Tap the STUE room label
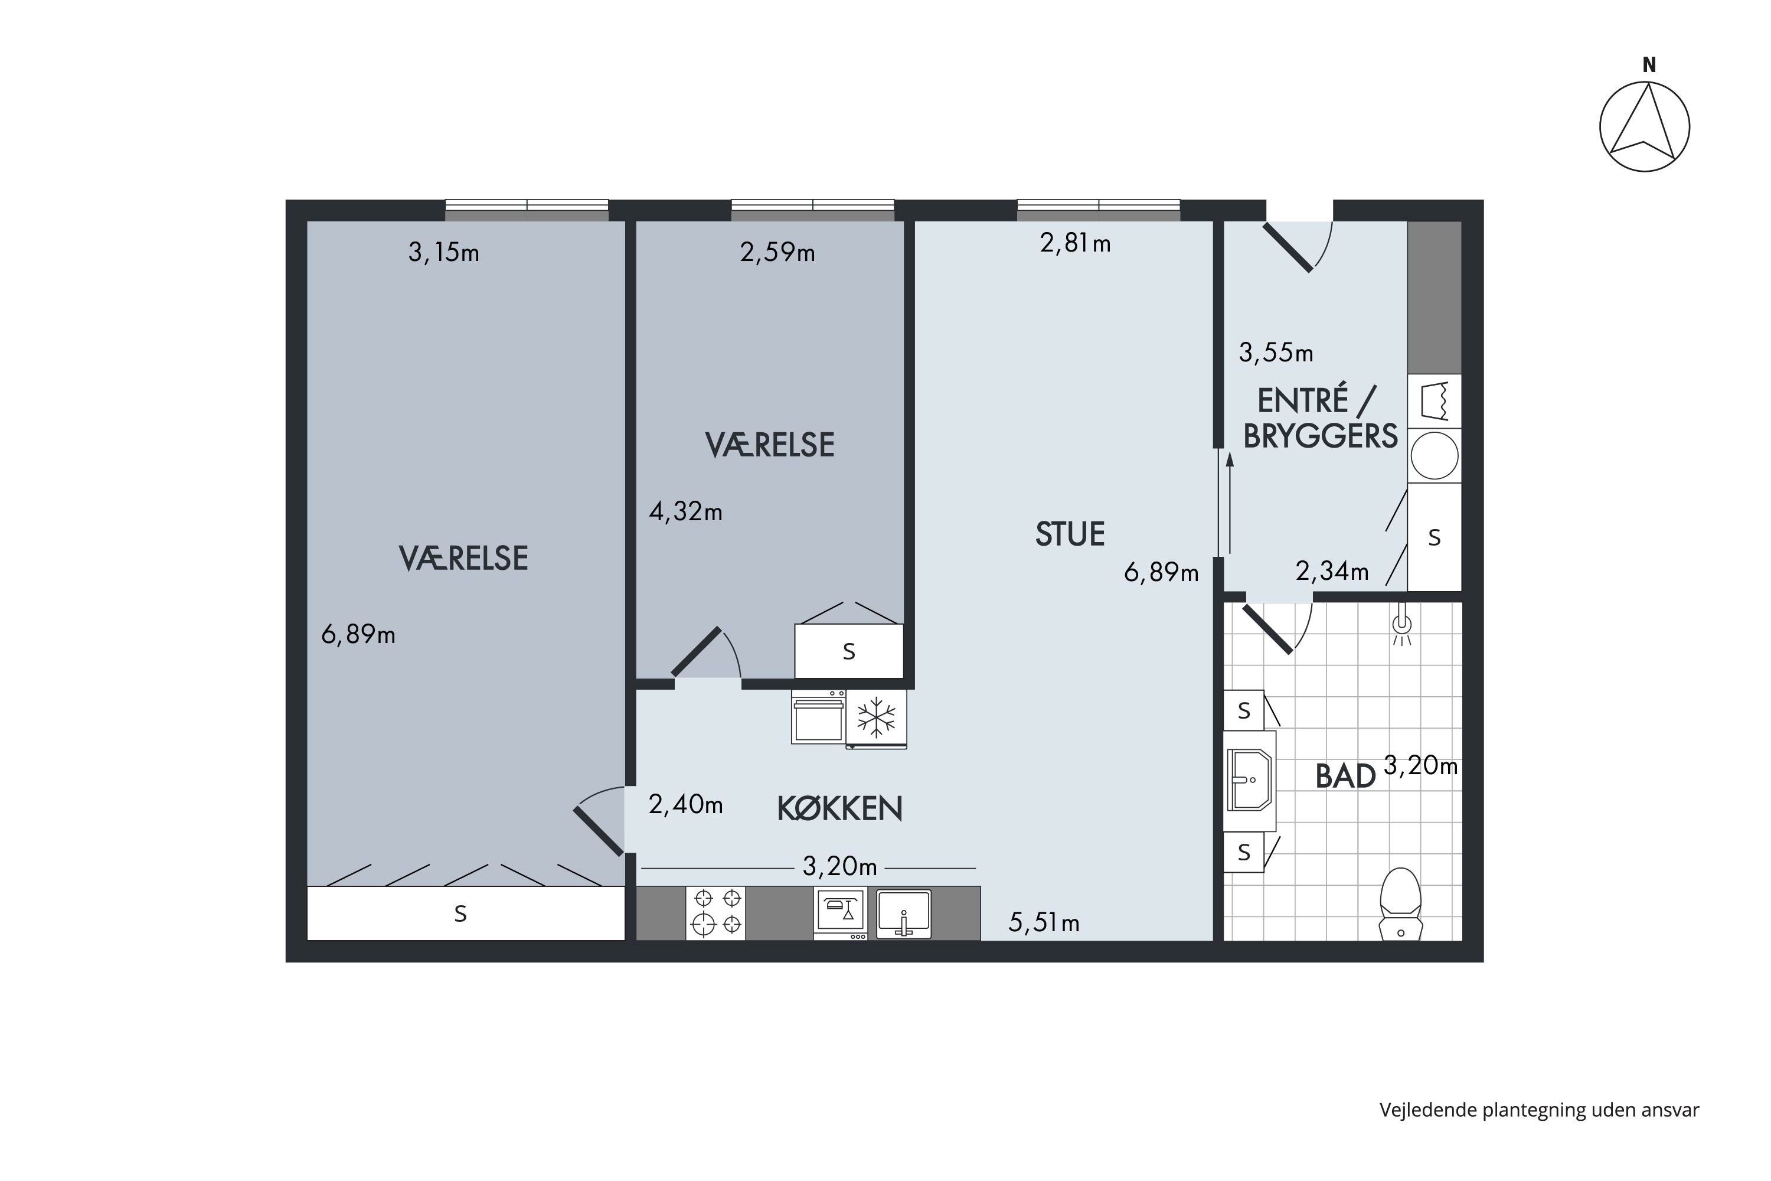[1069, 534]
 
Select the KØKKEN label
[839, 809]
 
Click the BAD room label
[1345, 777]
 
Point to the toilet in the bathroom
[1400, 905]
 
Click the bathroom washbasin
[1250, 780]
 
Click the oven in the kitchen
[818, 717]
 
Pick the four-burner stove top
[715, 913]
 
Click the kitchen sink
[904, 914]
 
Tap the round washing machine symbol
[1435, 456]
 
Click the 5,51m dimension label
[1044, 922]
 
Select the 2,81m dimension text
[1075, 243]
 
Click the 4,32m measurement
[685, 512]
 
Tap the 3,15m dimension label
[443, 252]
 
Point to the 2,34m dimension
[1332, 572]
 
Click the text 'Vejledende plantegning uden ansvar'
[1539, 1110]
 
